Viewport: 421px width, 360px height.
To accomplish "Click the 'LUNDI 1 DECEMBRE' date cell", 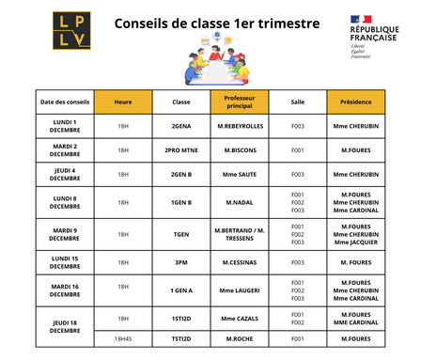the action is [64, 126].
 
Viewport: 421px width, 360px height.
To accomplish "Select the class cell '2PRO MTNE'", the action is [181, 149].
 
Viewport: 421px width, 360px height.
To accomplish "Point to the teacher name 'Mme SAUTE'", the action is [241, 174].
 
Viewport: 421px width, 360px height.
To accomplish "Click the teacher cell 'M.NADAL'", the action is [241, 202].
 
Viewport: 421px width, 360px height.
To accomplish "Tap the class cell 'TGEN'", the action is [181, 233].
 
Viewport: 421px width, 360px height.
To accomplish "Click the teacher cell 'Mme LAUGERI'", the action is [241, 290].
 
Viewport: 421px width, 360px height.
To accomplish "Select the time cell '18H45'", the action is [123, 338].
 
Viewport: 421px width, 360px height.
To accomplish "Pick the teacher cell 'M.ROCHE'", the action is [241, 338].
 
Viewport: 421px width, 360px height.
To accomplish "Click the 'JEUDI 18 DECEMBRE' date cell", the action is [64, 325].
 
